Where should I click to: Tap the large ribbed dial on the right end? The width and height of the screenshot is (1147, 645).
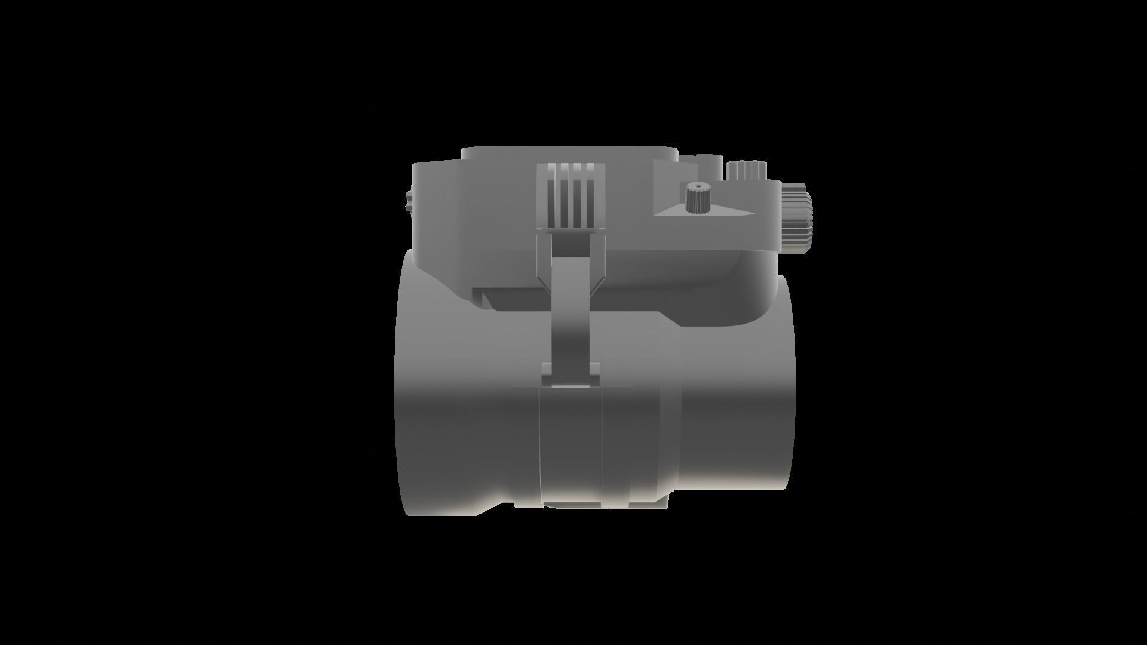tap(796, 217)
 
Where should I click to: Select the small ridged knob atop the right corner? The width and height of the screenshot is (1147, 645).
tap(746, 171)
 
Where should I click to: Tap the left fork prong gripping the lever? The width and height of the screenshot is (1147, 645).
tap(544, 263)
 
